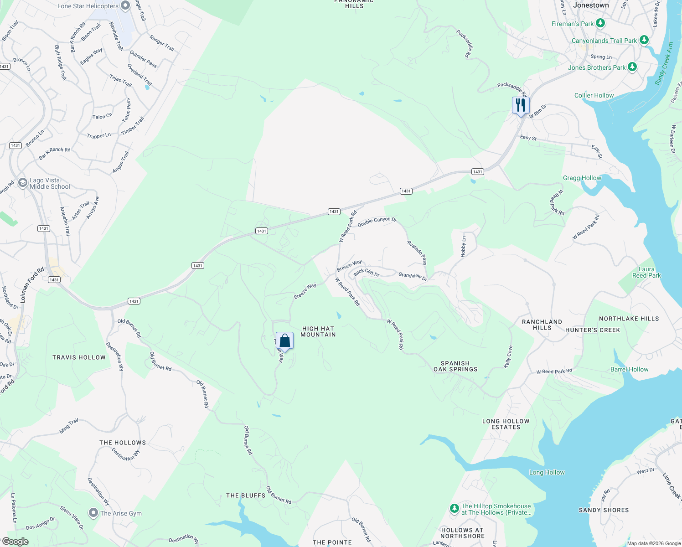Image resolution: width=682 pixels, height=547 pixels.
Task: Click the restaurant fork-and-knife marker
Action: point(520,105)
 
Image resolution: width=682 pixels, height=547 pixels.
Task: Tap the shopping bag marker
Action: point(284,341)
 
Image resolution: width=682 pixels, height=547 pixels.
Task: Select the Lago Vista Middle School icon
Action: point(23,183)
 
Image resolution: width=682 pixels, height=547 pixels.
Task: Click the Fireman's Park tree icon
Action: point(600,23)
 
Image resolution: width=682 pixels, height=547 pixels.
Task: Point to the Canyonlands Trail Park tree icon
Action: point(644,40)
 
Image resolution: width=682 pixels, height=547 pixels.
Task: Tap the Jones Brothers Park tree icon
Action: point(632,67)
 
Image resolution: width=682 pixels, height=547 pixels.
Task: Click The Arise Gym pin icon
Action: point(93,513)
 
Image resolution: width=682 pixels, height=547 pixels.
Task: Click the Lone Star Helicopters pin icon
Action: point(125,6)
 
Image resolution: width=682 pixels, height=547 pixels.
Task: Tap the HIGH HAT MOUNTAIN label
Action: point(318,331)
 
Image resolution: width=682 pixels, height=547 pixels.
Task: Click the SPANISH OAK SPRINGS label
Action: point(455,366)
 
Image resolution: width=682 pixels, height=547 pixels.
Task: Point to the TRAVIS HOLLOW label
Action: point(79,357)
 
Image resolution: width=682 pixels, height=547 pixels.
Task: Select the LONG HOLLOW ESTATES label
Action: point(506,424)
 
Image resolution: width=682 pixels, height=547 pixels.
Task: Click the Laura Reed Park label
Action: point(646,272)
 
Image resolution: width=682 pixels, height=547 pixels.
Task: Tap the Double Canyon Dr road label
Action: point(377,222)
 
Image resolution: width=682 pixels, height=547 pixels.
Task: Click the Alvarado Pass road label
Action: point(417,252)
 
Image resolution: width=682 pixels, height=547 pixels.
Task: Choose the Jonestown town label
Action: point(591,5)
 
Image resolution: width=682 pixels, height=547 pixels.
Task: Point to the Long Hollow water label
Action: point(547,472)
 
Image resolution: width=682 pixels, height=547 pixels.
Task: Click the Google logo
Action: point(15,542)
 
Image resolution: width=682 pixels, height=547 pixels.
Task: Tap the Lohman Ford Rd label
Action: point(32,285)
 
